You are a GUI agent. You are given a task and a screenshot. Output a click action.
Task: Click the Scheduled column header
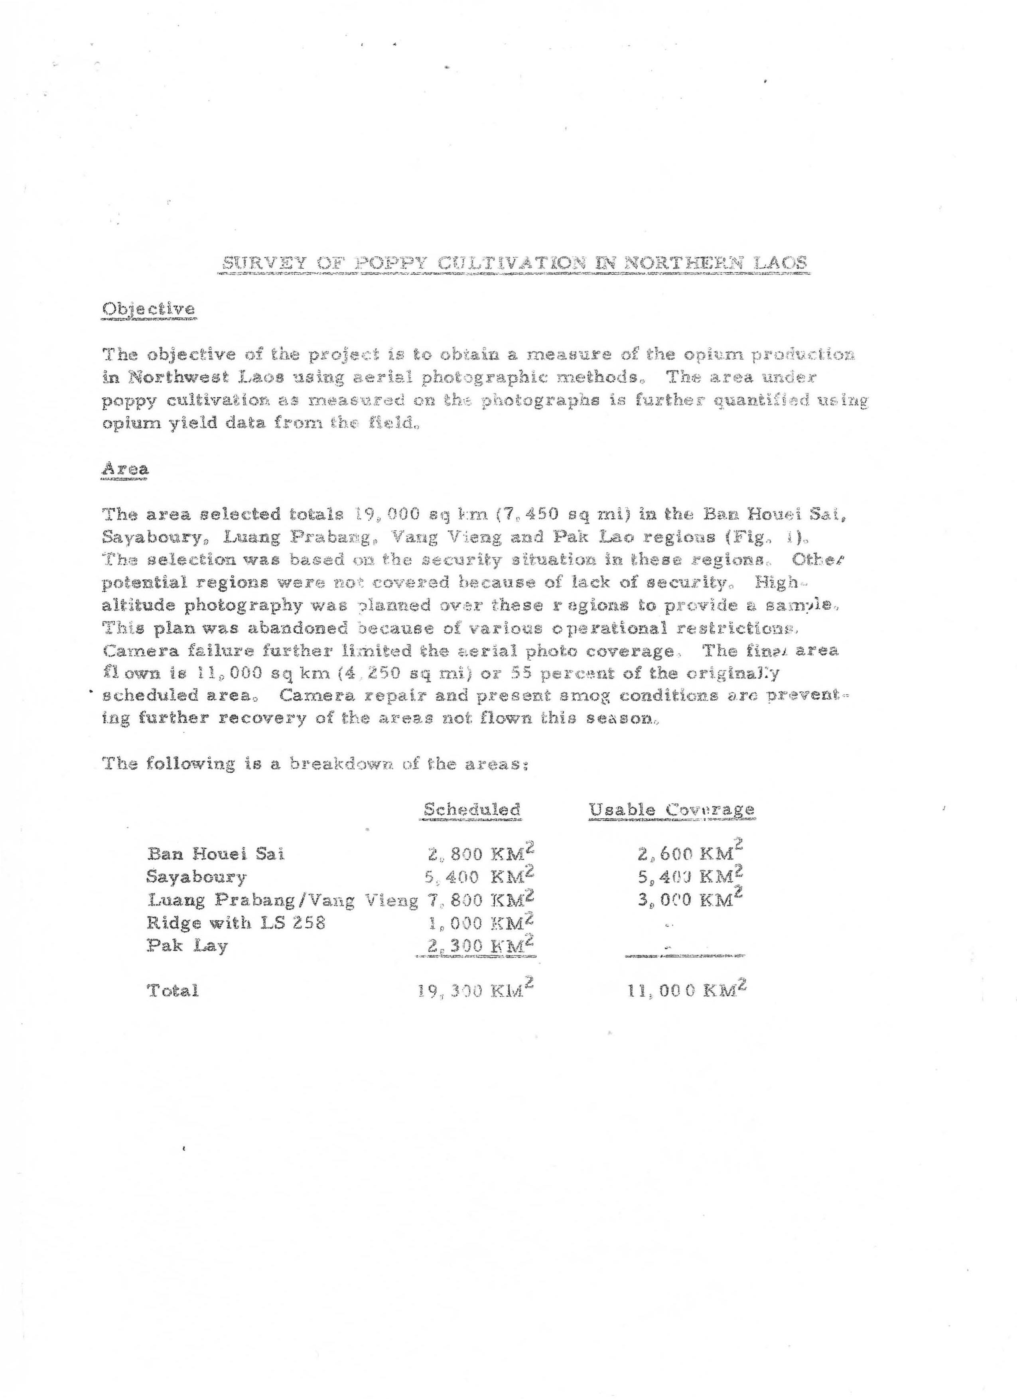pyautogui.click(x=471, y=809)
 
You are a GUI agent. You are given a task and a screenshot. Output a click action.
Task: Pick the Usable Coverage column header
pyautogui.click(x=671, y=809)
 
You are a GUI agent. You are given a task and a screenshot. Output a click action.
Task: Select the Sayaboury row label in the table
pyautogui.click(x=196, y=877)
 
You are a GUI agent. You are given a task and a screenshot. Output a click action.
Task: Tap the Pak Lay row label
pyautogui.click(x=187, y=946)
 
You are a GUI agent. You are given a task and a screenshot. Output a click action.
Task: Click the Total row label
pyautogui.click(x=172, y=991)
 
